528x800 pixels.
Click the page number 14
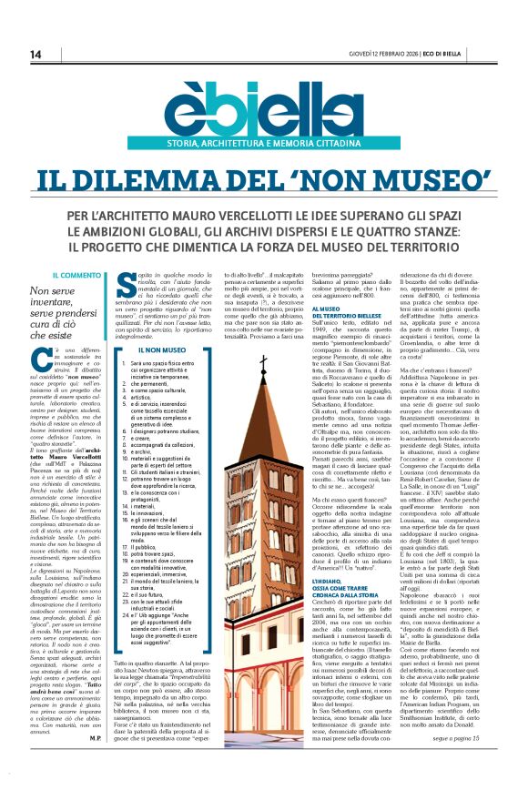point(36,55)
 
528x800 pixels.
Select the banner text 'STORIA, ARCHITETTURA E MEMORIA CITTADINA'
point(264,144)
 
